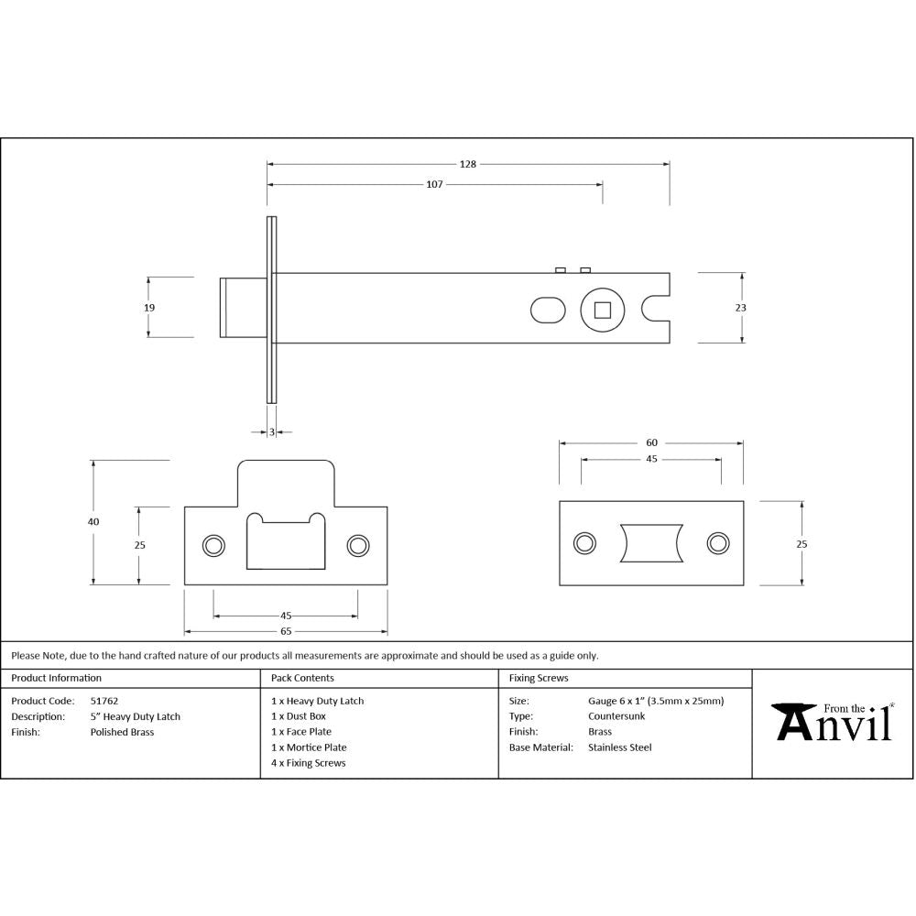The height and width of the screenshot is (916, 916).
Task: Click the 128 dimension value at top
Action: pyautogui.click(x=468, y=164)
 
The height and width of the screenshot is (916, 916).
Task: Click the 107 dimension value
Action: pyautogui.click(x=434, y=184)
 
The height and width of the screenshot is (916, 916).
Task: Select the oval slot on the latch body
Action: pyautogui.click(x=549, y=310)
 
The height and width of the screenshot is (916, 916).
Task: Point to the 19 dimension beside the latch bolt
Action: pyautogui.click(x=149, y=308)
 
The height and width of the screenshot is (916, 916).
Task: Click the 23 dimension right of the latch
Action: pyautogui.click(x=740, y=308)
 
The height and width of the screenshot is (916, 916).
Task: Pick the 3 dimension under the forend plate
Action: pyautogui.click(x=272, y=431)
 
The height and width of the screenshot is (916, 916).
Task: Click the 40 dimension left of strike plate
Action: pyautogui.click(x=93, y=521)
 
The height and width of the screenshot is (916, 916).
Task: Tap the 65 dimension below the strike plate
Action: pyautogui.click(x=286, y=631)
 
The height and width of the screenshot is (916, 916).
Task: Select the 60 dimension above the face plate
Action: pyautogui.click(x=651, y=442)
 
